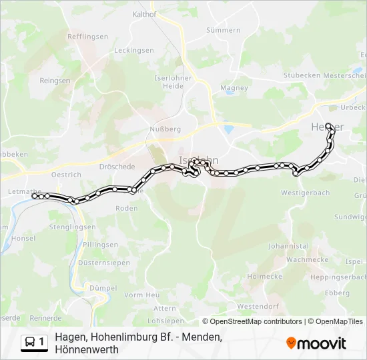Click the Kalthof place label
[144, 13]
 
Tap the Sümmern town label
[223, 30]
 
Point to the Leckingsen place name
[133, 50]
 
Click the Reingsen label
[55, 80]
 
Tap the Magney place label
[234, 88]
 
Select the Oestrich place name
[66, 175]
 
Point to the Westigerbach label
[306, 193]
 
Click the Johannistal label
[288, 246]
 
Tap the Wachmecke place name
[306, 259]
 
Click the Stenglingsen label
[72, 227]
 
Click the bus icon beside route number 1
[30, 342]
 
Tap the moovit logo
[316, 343]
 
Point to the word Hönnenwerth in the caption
[87, 349]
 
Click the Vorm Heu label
[142, 295]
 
